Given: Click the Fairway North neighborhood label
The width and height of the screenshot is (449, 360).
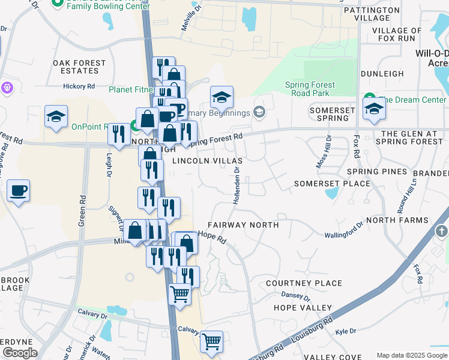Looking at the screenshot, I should point(243,225).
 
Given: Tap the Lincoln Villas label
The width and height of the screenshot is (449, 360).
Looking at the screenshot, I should point(207,161).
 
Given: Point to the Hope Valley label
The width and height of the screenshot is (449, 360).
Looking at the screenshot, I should point(303,308).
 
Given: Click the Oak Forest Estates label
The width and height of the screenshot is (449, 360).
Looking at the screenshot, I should point(79,67).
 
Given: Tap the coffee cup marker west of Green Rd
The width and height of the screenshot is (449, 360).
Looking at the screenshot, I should point(18,192).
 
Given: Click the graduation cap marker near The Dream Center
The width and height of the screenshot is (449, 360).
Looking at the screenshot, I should point(374,109).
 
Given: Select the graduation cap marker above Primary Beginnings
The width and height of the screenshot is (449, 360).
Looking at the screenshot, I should point(221,97).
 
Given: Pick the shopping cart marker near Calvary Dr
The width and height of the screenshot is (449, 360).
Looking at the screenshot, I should point(211,341).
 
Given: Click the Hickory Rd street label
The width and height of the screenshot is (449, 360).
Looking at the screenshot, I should point(79,86).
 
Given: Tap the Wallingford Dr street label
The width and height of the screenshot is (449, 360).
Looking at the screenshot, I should point(344,231).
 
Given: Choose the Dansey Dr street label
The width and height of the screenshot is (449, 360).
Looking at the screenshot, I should point(295,296).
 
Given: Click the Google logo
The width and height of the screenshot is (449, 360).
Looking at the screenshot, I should point(20,353).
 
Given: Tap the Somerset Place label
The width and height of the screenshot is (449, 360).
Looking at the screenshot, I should point(331,184).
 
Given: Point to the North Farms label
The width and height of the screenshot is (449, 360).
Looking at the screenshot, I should point(406,220).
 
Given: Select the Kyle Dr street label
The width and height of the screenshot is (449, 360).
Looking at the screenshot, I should point(346,331).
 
